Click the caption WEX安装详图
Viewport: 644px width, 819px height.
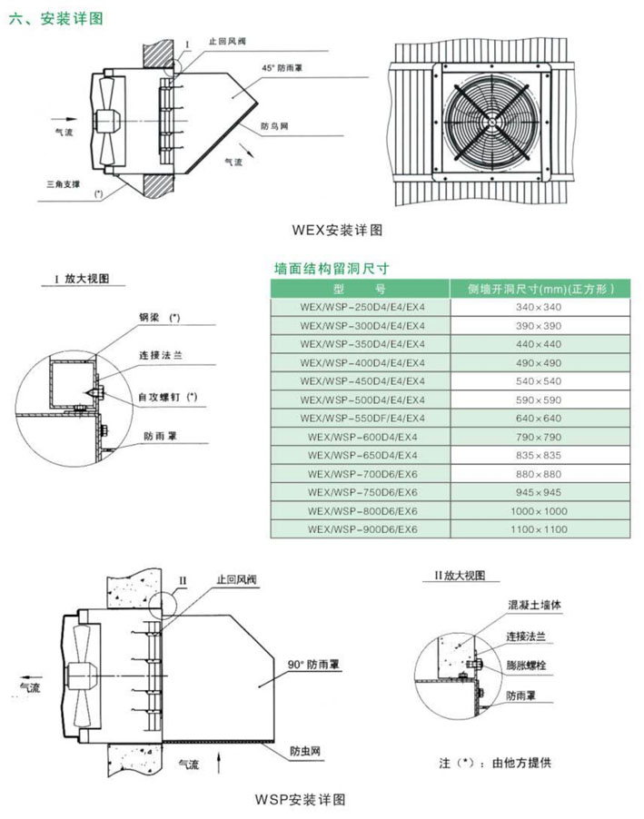pyautogui.click(x=338, y=228)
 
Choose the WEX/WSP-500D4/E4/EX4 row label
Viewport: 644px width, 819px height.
pyautogui.click(x=361, y=399)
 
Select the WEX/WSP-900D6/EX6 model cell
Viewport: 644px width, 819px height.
pyautogui.click(x=361, y=528)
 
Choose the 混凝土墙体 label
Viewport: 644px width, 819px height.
pyautogui.click(x=530, y=604)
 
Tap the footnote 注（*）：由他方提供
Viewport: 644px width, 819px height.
pyautogui.click(x=494, y=761)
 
